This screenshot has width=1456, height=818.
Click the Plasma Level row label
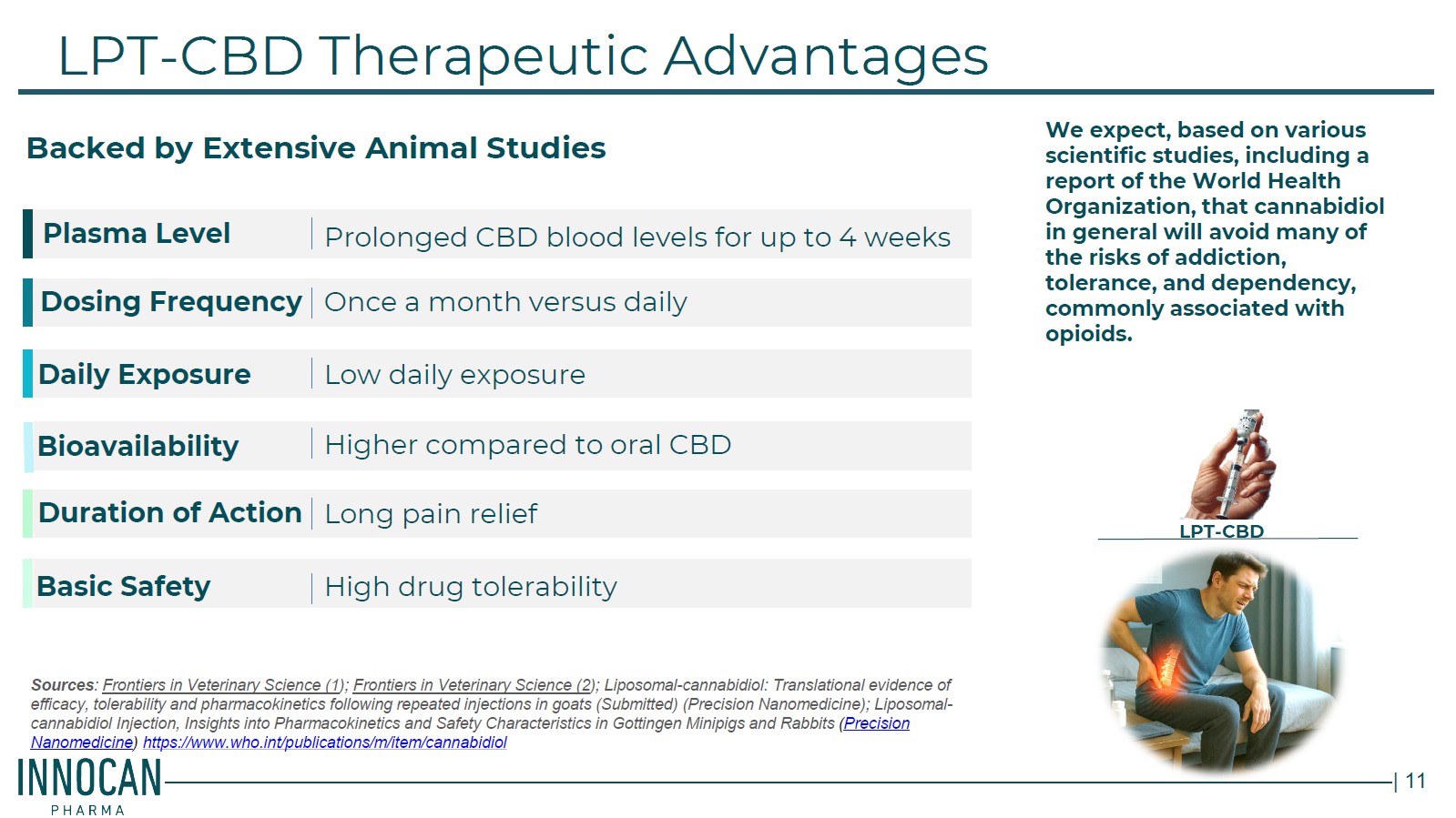point(137,234)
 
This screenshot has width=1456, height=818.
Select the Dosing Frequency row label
point(171,302)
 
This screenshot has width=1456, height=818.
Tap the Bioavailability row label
point(137,447)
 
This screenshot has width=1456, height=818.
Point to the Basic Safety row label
point(124,586)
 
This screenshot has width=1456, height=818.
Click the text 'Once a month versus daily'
point(505,302)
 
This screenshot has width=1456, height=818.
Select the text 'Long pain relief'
point(431,514)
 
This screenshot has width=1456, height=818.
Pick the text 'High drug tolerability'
point(471,587)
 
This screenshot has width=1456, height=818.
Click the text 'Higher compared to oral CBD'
point(528,445)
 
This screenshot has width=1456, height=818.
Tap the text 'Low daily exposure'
point(455,375)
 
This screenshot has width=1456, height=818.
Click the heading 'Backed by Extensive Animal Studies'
point(316,148)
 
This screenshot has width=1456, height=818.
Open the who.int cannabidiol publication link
point(325,742)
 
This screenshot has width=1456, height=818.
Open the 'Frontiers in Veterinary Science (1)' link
point(223,685)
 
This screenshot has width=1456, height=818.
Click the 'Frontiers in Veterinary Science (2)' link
point(473,685)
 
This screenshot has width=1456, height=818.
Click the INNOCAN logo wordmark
point(90,778)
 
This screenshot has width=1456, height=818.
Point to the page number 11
point(1416,781)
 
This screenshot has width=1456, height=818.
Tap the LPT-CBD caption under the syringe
point(1221,530)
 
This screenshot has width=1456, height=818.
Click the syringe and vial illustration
point(1230,464)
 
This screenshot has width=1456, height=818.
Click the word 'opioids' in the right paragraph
point(1089,334)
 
